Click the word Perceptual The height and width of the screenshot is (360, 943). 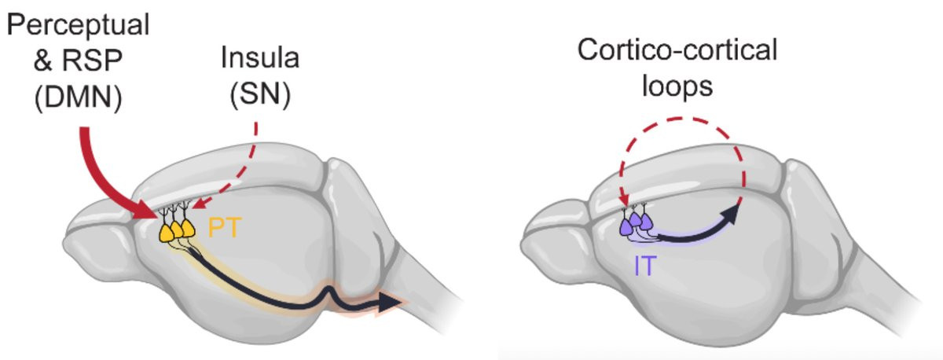[x=79, y=25]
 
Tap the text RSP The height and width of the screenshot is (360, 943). [x=92, y=60]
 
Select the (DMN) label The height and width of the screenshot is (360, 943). [x=79, y=97]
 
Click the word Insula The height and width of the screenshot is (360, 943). [x=260, y=57]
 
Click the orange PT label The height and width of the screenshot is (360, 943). [x=225, y=228]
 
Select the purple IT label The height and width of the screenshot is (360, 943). [x=645, y=266]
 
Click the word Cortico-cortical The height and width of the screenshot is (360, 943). [x=677, y=50]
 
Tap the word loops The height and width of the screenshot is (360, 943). [x=677, y=86]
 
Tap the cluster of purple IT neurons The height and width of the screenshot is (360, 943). [x=636, y=221]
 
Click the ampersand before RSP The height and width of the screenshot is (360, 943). [x=43, y=60]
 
